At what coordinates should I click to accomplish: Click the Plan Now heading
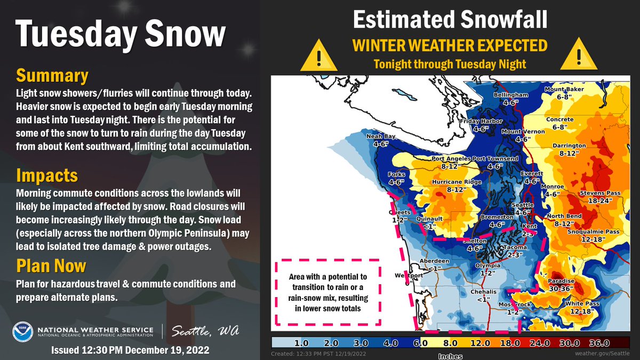pos(51,265)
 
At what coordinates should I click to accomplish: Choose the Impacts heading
pos(47,175)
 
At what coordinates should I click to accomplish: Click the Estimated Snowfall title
pos(450,20)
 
